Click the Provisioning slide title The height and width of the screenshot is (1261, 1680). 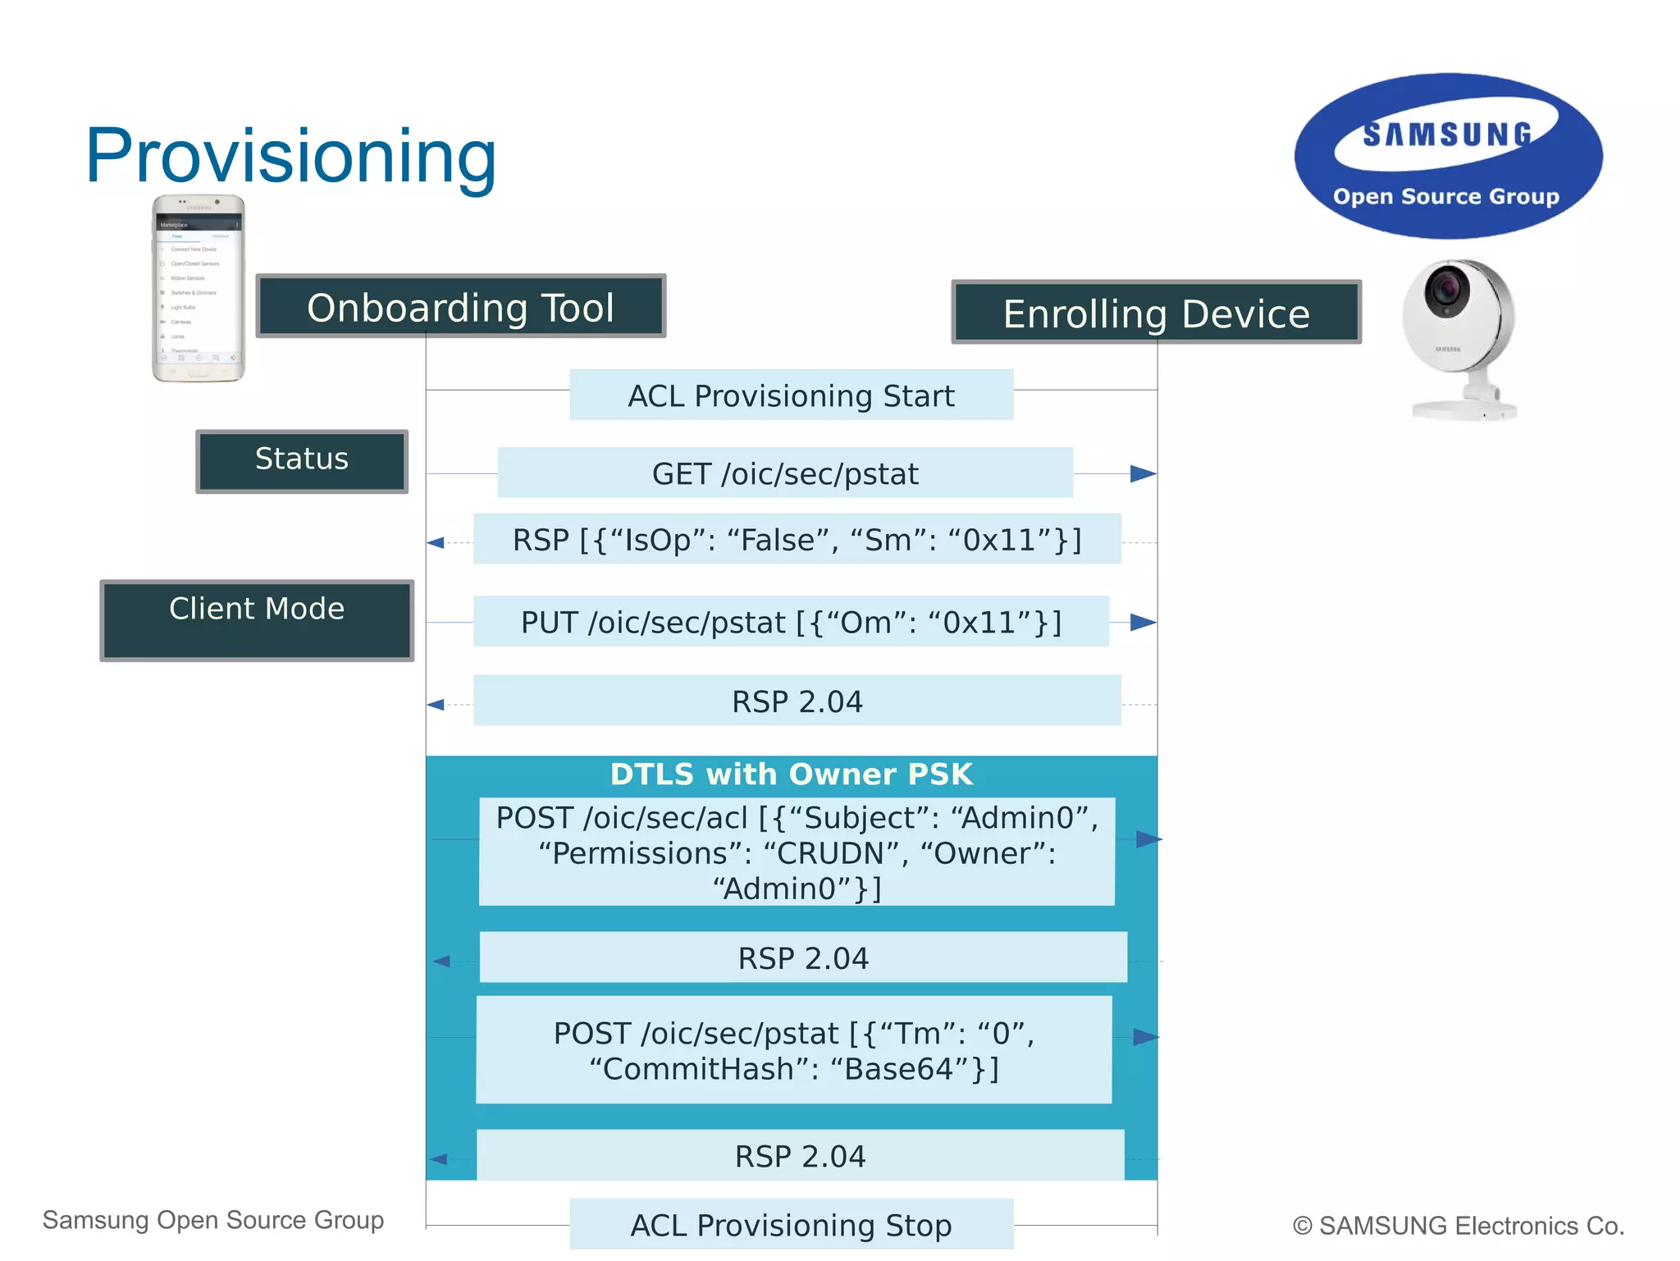[290, 156]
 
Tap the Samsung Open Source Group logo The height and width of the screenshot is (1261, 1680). [1448, 157]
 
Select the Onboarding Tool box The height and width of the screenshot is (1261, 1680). [460, 307]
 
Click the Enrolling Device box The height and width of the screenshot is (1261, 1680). [1156, 313]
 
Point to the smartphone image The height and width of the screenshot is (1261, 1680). [199, 288]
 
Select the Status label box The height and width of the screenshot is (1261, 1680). [302, 460]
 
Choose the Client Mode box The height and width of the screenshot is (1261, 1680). [257, 619]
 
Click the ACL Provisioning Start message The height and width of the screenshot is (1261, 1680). [791, 395]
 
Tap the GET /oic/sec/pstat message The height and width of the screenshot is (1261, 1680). [785, 473]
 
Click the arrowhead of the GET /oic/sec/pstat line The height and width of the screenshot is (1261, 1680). [1143, 473]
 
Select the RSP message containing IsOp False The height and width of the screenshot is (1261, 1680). [797, 540]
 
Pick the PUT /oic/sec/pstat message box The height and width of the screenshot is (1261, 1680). [791, 622]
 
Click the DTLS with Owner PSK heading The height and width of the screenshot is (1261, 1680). [791, 774]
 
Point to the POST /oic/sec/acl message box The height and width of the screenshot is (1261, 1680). [797, 852]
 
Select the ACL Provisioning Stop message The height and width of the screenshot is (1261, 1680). [791, 1225]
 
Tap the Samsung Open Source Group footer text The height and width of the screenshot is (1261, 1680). [213, 1220]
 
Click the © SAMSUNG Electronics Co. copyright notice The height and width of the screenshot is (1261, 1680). [1458, 1226]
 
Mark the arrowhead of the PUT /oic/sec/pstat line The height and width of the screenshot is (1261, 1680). [1143, 623]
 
